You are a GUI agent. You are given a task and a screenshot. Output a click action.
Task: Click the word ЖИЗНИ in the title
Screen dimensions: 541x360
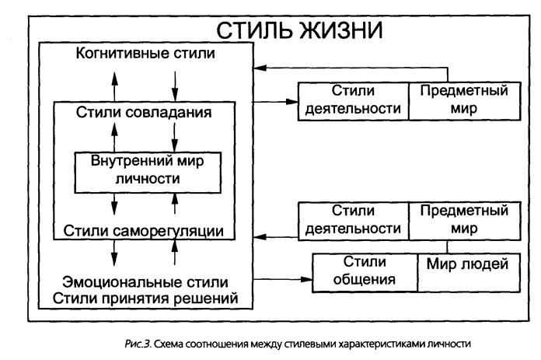tap(340, 30)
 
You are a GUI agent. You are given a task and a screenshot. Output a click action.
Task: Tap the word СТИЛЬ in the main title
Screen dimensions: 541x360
tap(254, 30)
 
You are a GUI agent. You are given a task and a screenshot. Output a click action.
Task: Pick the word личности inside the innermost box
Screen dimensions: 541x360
tap(148, 179)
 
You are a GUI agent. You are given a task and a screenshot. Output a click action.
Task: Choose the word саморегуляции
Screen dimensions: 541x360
tap(168, 232)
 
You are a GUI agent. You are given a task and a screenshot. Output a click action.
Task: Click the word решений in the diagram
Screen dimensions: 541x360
tap(206, 299)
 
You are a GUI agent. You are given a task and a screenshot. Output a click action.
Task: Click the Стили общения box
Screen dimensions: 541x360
tap(365, 273)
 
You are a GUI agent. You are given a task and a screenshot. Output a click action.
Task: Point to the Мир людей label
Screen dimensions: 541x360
tap(467, 264)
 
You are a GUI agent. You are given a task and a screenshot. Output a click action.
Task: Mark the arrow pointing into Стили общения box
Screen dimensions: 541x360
tap(283, 279)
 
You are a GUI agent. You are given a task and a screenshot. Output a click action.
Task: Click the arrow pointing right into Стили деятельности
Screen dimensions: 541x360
tap(275, 102)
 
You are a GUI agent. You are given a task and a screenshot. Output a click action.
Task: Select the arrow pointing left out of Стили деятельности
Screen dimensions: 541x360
tap(276, 237)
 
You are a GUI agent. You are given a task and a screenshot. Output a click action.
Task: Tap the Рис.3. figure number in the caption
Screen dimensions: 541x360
tap(138, 344)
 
